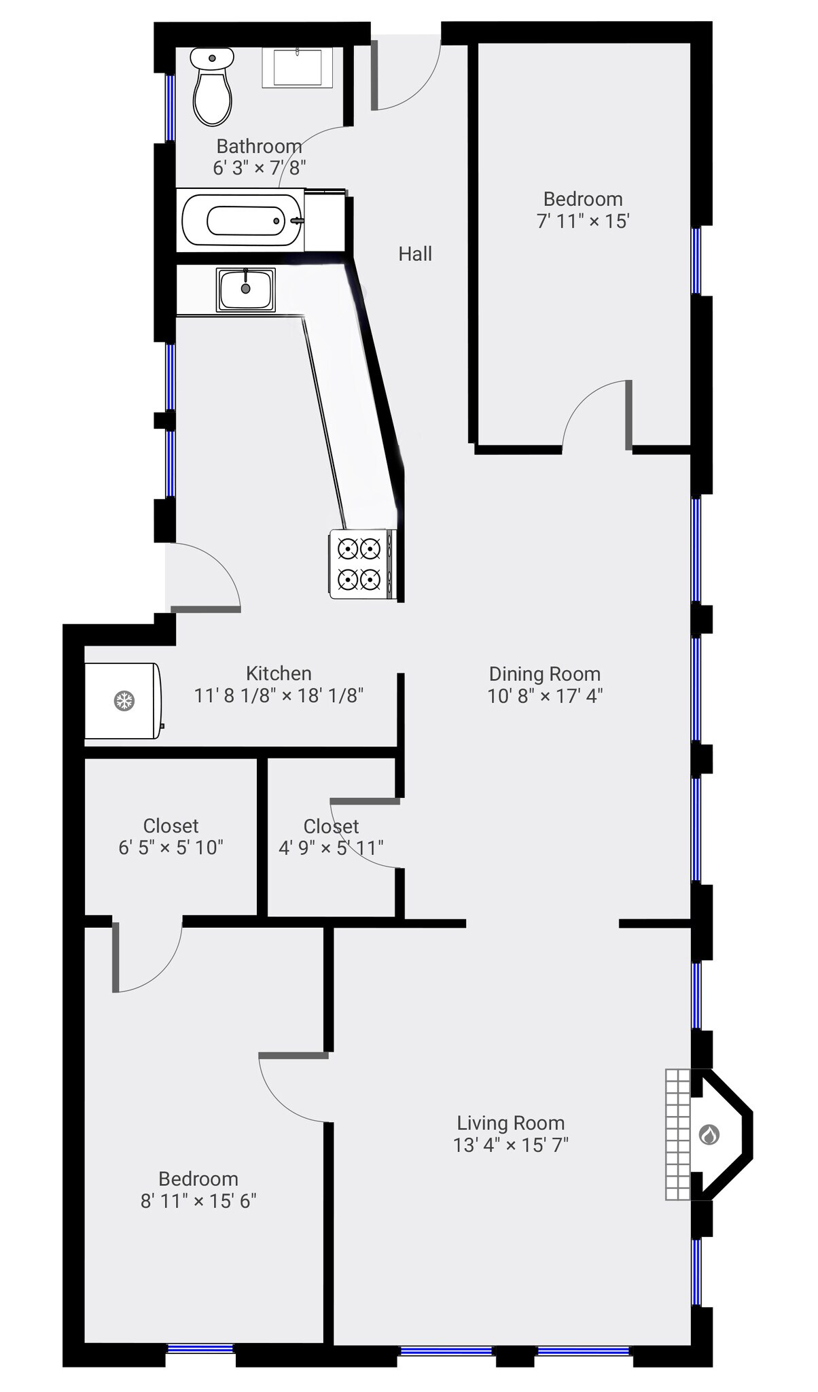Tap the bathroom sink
point(298,67)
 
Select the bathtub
point(242,221)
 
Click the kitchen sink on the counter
point(245,289)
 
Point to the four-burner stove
point(360,563)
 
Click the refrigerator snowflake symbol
point(124,701)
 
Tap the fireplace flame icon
point(709,1134)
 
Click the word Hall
point(415,254)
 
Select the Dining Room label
point(545,674)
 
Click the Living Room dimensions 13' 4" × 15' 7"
point(511,1145)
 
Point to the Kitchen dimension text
point(279,695)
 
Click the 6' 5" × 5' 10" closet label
point(171,848)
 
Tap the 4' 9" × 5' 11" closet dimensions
point(331,848)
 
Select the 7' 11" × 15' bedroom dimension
point(583,221)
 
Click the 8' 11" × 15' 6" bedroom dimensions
point(198,1201)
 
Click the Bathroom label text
point(259,146)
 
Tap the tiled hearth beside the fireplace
point(677,1134)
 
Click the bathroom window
point(171,107)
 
